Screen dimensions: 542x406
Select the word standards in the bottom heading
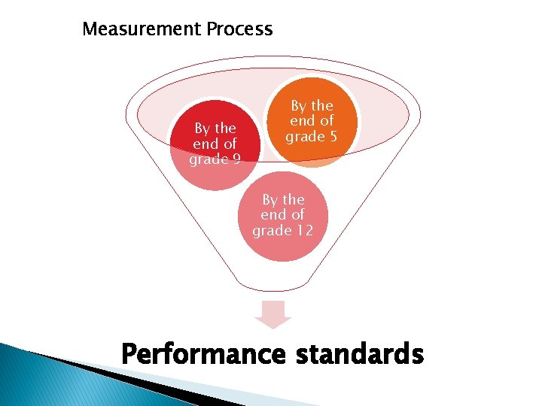(x=360, y=353)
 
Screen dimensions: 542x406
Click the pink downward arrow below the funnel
(x=272, y=314)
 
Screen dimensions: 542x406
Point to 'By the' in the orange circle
(x=312, y=106)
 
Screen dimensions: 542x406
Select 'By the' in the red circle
(x=215, y=128)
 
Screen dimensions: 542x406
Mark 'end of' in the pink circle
(x=282, y=214)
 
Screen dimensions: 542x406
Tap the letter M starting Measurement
(x=90, y=29)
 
